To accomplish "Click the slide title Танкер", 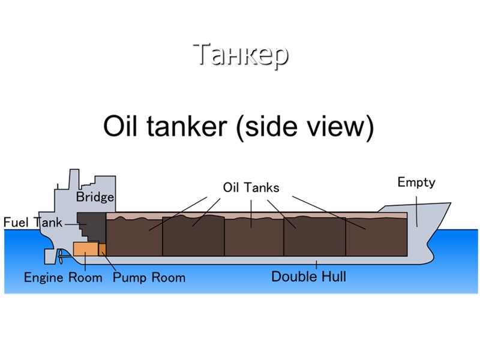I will [x=241, y=55].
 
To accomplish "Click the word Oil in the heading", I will [x=122, y=127].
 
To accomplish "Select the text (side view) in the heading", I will [x=305, y=127].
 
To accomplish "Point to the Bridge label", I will [x=95, y=197].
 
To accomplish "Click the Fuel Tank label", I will [x=32, y=223].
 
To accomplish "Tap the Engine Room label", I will [x=63, y=278].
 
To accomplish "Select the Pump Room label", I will [x=149, y=278].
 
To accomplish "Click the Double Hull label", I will [x=308, y=277].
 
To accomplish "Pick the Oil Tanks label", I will [x=251, y=187].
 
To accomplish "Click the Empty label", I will [x=416, y=182].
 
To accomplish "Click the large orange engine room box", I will [x=85, y=248].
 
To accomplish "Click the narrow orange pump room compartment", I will [x=102, y=248].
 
